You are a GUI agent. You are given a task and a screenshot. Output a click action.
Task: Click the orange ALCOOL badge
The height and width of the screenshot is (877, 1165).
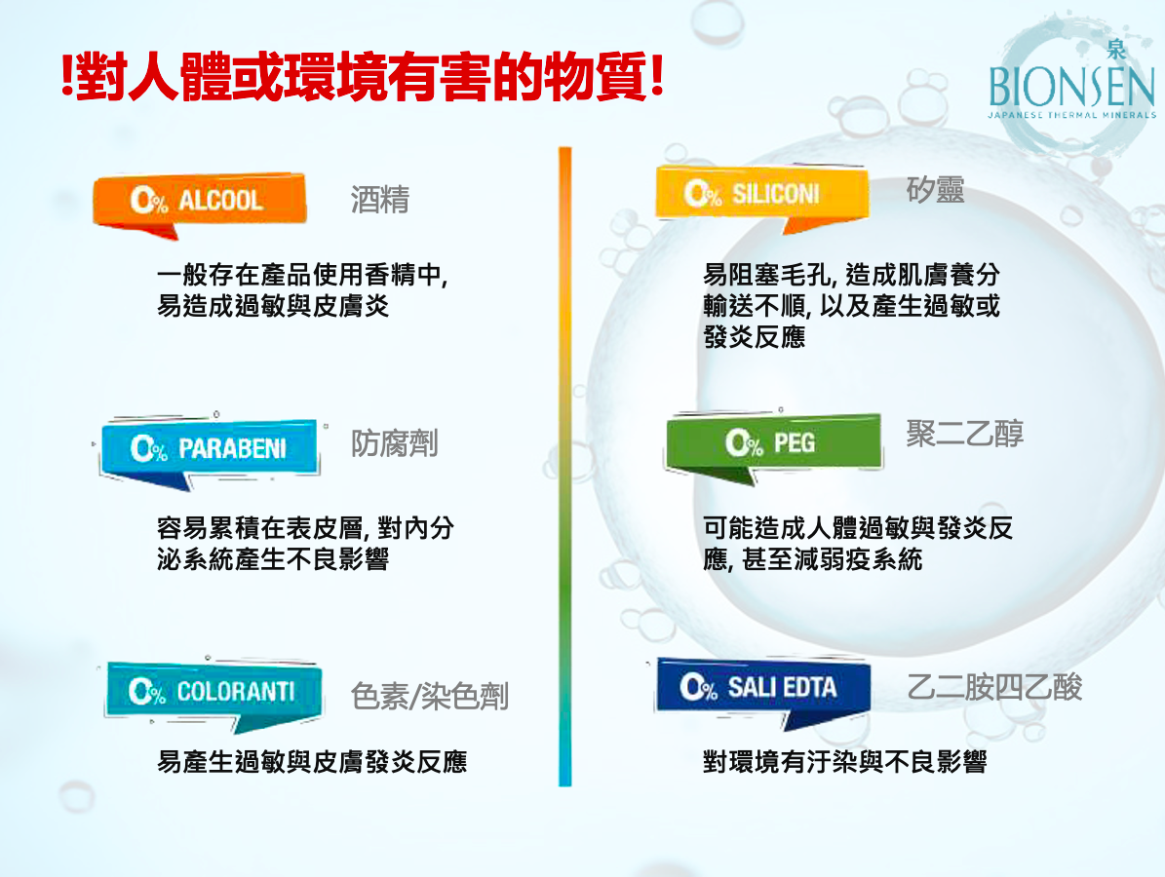[x=199, y=201]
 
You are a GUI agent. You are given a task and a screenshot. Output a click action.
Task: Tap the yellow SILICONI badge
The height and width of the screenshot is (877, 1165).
[x=761, y=194]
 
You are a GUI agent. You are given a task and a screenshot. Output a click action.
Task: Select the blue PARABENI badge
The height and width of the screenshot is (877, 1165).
[x=210, y=448]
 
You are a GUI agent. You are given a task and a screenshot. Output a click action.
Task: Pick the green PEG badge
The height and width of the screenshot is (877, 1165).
[x=773, y=443]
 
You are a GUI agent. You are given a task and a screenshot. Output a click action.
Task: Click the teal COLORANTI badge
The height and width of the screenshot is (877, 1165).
[x=214, y=692]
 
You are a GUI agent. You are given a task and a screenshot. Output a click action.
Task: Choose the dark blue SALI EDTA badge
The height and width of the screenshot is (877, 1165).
[x=763, y=688]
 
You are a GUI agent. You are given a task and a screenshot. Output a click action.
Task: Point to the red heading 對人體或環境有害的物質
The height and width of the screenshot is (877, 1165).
[x=363, y=77]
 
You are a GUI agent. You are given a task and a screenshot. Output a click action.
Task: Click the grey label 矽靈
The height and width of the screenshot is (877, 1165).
[x=936, y=190]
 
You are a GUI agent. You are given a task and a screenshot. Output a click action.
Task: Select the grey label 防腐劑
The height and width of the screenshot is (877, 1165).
[x=395, y=443]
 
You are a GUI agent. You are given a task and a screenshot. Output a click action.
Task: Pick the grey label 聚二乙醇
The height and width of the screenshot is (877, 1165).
[x=964, y=433]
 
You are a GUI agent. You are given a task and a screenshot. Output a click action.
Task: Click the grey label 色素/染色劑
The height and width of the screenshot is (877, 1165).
[x=430, y=697]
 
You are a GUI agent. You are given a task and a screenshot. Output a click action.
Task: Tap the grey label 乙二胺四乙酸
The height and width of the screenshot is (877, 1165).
[x=994, y=687]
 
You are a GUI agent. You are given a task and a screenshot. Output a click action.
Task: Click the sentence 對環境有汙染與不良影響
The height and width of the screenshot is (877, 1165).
[x=845, y=762]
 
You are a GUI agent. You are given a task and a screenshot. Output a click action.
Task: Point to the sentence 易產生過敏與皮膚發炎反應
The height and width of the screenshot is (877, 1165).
[x=312, y=762]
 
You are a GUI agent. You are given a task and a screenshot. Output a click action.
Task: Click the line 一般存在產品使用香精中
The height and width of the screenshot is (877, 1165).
[x=301, y=275]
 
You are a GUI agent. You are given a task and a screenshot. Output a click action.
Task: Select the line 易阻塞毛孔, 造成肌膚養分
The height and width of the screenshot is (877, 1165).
[x=851, y=275]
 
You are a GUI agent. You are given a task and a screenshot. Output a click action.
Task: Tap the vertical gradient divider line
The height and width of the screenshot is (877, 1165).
[x=565, y=467]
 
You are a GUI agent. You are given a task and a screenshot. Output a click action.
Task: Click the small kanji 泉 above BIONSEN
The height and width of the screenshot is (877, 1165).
[x=1116, y=50]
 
